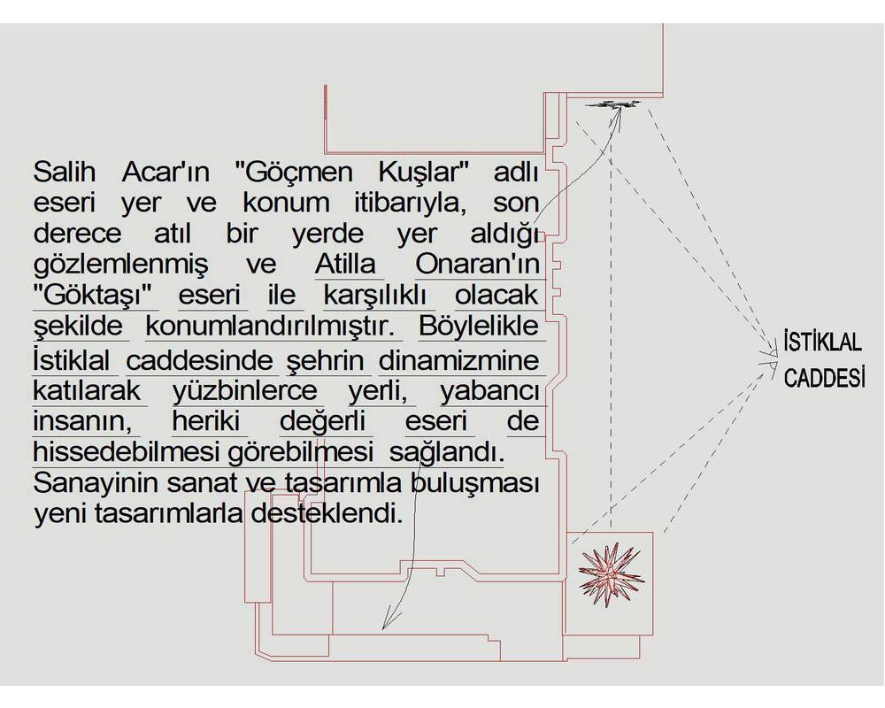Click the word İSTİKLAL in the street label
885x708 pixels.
click(823, 342)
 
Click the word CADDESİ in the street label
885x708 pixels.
click(825, 377)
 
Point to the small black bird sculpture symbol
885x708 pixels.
click(613, 104)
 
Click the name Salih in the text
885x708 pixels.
click(64, 172)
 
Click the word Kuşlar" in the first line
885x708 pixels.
click(425, 173)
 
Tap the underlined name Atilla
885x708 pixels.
click(345, 264)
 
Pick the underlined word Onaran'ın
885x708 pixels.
click(478, 264)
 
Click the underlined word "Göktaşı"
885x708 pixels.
click(95, 295)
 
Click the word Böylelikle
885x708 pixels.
click(479, 326)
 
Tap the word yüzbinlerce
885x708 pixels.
click(245, 391)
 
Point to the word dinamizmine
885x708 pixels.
click(458, 361)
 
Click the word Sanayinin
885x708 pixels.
click(94, 484)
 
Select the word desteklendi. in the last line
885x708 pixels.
click(327, 514)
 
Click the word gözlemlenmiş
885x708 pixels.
click(120, 265)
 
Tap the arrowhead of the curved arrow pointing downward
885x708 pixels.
click(384, 625)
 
